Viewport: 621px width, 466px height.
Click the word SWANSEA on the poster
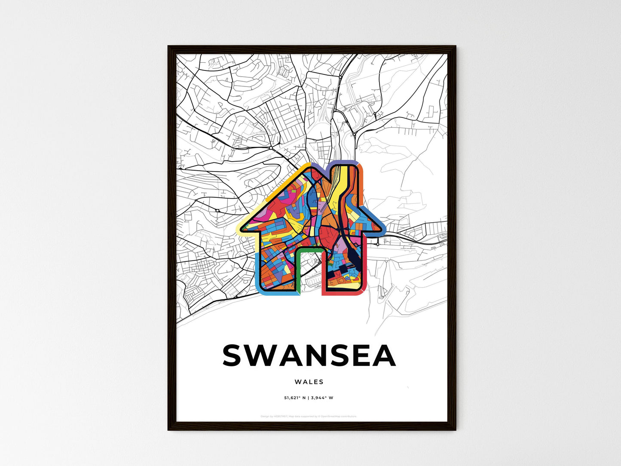[309, 356]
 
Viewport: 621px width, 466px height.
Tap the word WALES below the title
[309, 382]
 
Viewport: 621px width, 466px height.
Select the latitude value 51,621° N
[295, 398]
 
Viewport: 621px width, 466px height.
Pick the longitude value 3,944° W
[322, 398]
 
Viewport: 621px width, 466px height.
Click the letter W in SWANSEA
[264, 356]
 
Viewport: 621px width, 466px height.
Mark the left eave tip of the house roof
[241, 229]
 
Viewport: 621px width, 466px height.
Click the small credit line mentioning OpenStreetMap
[309, 416]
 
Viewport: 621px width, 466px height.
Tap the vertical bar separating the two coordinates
[308, 398]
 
